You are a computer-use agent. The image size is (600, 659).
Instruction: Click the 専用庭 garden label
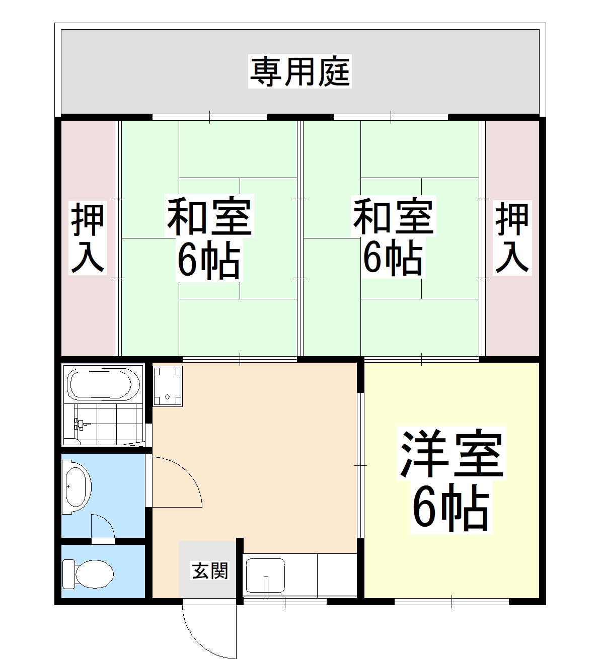pyautogui.click(x=300, y=72)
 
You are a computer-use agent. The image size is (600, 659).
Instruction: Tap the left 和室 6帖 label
pyautogui.click(x=209, y=238)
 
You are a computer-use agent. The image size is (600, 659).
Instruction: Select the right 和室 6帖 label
pyautogui.click(x=393, y=236)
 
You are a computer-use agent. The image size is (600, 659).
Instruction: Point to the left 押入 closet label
pyautogui.click(x=88, y=238)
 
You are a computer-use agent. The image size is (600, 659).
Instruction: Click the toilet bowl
pyautogui.click(x=89, y=572)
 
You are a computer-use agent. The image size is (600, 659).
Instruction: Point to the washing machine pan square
pyautogui.click(x=168, y=385)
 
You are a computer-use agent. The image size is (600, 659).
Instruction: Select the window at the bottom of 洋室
pyautogui.click(x=452, y=601)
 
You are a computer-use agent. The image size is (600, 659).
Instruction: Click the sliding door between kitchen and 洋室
pyautogui.click(x=360, y=465)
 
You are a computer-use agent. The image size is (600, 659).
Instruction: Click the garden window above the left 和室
pyautogui.click(x=209, y=117)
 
